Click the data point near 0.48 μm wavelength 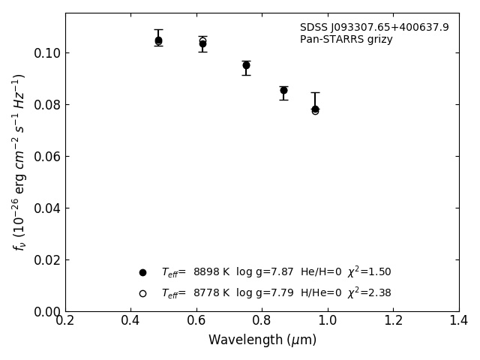point(158,40)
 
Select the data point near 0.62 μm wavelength point(202,43)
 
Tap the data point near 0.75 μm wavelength point(246,65)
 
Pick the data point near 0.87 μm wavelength point(283,90)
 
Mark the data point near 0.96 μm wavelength point(315,109)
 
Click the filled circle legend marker point(142,272)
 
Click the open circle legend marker point(142,293)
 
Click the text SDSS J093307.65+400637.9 point(374,28)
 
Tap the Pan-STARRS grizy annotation point(346,40)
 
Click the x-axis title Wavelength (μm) point(262,340)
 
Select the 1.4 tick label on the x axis point(458,321)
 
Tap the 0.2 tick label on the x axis point(65,321)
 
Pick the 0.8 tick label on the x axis point(262,321)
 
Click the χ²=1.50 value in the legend point(369,272)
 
